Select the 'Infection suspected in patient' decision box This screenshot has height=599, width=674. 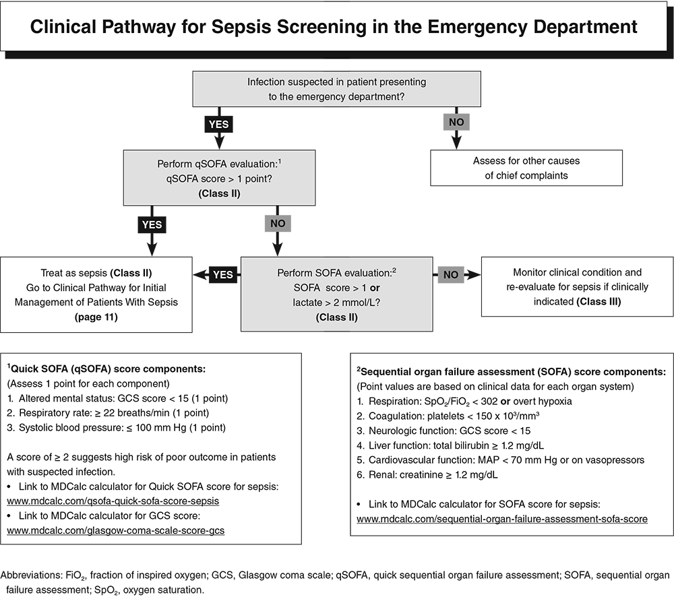tap(336, 89)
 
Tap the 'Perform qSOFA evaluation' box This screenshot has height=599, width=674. tap(220, 178)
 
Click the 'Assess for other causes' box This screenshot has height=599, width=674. tap(526, 168)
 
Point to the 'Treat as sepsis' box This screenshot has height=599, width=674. tap(96, 294)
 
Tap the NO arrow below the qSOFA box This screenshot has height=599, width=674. tap(277, 223)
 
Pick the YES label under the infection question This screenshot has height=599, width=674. tap(218, 125)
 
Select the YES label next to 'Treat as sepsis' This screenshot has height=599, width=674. tap(223, 274)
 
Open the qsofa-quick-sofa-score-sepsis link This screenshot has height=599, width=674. tap(113, 502)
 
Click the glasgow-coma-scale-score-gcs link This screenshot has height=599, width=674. tap(115, 530)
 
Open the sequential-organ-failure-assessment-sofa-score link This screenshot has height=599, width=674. tap(502, 519)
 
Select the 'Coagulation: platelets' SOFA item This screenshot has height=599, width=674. tap(448, 416)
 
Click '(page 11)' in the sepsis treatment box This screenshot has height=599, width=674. tap(96, 316)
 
